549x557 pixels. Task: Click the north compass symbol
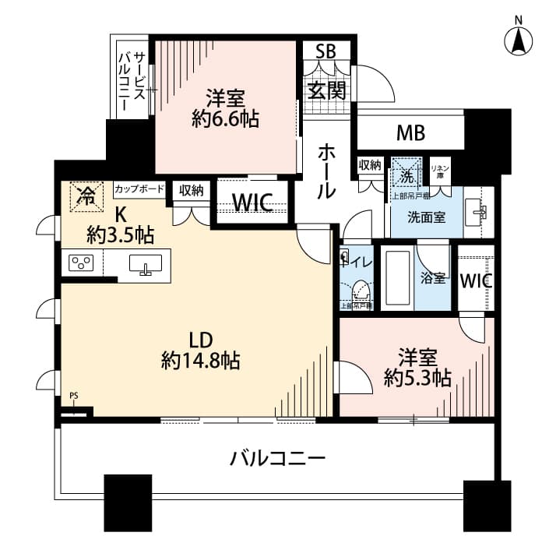coord(518,39)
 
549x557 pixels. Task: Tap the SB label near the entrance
coord(326,52)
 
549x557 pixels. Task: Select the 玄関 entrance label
coord(326,90)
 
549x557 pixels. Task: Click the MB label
coord(410,132)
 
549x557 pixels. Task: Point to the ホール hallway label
coord(327,171)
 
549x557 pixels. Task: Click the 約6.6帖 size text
coord(226,119)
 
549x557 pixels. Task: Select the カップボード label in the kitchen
coord(139,189)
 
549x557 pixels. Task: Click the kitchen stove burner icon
coord(81,263)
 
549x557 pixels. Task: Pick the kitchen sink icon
coord(146,264)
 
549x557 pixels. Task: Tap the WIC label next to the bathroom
coord(475,281)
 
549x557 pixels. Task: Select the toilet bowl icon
coord(360,291)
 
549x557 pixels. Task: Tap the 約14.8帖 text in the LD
coord(200,361)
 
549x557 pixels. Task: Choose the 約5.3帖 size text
coord(417,378)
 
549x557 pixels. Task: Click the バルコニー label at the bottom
coord(276,458)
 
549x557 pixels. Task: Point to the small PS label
coord(73,397)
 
